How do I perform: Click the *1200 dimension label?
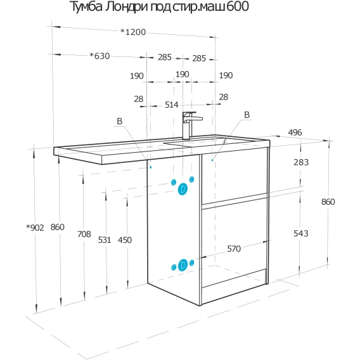click(133, 32)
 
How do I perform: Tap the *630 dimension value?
click(100, 56)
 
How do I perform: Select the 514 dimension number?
click(172, 105)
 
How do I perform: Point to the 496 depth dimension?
click(295, 132)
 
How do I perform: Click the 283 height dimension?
click(301, 162)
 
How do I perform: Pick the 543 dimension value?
click(301, 233)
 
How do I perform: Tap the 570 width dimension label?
click(234, 248)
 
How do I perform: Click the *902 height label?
click(35, 228)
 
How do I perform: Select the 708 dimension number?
click(84, 234)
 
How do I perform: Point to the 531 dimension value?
click(105, 240)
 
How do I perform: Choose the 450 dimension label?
click(125, 240)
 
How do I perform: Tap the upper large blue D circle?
click(183, 189)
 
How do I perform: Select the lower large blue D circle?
click(183, 265)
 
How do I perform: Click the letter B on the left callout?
click(120, 121)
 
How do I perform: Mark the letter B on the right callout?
click(247, 115)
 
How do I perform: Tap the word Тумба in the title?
click(86, 7)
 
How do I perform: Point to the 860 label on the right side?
click(328, 202)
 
